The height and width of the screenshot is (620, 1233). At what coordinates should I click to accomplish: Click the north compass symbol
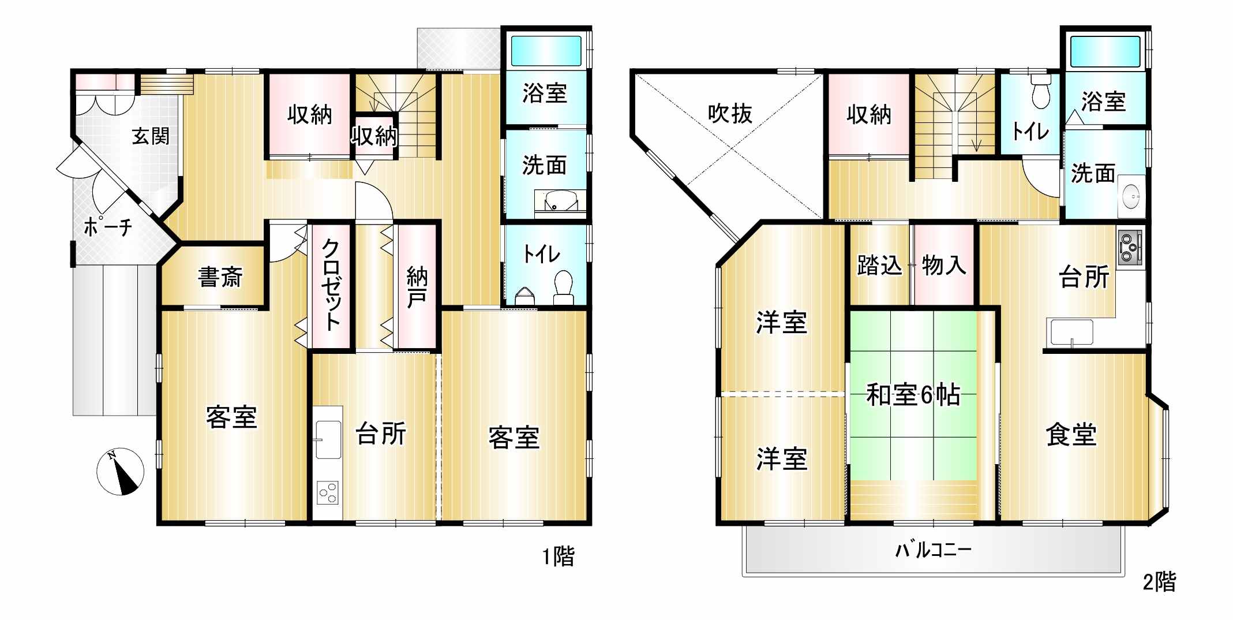[x=120, y=472]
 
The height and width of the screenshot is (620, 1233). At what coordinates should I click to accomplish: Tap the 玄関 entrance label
[x=151, y=136]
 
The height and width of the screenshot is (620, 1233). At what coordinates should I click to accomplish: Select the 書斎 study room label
[x=220, y=277]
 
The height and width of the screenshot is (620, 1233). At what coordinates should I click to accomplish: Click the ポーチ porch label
[x=108, y=227]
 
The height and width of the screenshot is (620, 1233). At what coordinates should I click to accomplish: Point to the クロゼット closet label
[x=331, y=285]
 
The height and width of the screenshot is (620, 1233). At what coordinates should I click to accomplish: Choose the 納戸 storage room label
[x=417, y=287]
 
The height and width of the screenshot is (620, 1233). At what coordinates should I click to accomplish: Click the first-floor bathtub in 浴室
[x=546, y=51]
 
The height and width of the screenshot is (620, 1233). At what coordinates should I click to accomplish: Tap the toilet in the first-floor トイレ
[x=563, y=287]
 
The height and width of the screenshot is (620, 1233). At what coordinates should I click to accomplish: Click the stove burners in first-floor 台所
[x=328, y=492]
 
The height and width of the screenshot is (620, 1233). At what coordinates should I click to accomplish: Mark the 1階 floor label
[x=558, y=556]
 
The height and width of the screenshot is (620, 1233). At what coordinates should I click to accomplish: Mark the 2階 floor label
[x=1159, y=582]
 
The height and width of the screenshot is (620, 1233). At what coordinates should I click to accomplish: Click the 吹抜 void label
[x=730, y=114]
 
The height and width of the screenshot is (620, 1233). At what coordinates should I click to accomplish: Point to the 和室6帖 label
[x=913, y=395]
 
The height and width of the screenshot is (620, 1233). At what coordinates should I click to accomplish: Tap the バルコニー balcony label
[x=933, y=549]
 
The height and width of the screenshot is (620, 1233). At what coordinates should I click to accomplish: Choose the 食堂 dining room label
[x=1071, y=434]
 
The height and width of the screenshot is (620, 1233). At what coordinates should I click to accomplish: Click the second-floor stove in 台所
[x=1130, y=248]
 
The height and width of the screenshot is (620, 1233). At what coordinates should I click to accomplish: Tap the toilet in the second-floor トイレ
[x=1041, y=92]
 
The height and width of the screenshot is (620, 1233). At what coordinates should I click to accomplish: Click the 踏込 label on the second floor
[x=879, y=266]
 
